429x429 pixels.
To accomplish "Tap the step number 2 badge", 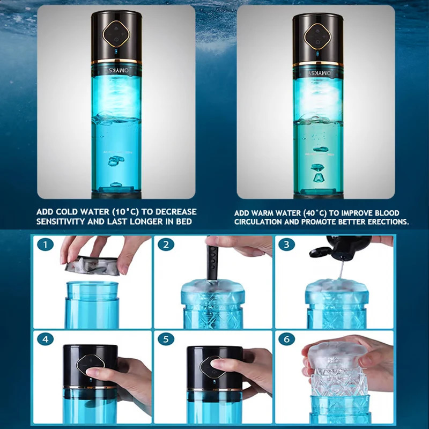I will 166,245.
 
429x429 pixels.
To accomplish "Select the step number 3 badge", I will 287,245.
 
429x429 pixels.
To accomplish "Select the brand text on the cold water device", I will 116,70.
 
